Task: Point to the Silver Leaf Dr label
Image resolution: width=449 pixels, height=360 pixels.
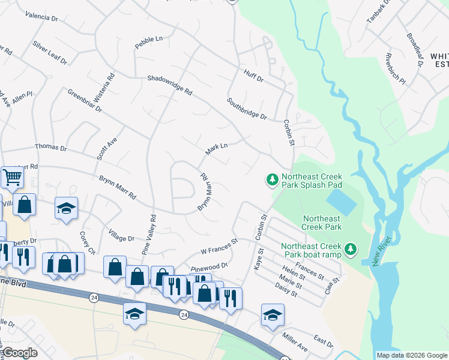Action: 50,53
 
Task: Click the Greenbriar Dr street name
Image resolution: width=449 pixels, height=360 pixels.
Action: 85,101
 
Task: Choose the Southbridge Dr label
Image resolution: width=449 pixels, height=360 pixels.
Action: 246,108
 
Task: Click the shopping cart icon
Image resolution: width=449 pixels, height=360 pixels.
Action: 11,177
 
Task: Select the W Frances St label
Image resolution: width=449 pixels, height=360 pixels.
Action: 219,245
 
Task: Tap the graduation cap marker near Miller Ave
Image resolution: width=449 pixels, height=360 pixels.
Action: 273,314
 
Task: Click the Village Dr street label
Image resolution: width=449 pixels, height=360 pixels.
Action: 121,234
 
